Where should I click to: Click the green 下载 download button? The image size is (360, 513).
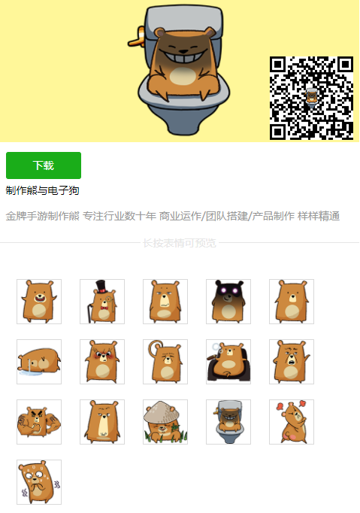point(44,165)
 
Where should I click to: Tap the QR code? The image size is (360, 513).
point(311,98)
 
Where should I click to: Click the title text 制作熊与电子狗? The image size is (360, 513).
point(43,190)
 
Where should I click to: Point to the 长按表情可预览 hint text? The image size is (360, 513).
point(180,243)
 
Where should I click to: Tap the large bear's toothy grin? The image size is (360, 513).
point(180,56)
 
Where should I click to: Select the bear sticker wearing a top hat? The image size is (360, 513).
point(102,302)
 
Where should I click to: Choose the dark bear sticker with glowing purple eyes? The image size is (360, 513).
point(228,302)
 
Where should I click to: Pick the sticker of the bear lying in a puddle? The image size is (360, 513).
point(39,362)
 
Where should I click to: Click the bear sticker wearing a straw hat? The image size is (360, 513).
point(165,422)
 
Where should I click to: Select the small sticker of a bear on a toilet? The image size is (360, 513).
point(228,422)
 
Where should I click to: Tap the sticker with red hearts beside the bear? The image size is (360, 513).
point(292,422)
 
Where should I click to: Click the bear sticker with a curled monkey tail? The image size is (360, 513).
point(165,362)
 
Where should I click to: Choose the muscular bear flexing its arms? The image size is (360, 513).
point(39,422)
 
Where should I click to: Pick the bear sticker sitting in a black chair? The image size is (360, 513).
point(228,362)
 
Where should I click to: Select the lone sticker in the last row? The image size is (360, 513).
point(39,482)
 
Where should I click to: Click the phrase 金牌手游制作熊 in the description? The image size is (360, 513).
point(43,217)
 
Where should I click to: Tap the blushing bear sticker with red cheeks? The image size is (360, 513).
point(102,362)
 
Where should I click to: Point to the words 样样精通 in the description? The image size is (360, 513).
point(319,217)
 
